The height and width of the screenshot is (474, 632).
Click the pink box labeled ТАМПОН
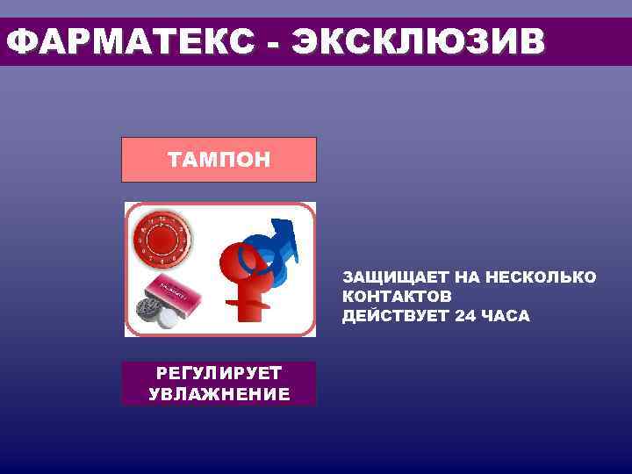click(x=219, y=160)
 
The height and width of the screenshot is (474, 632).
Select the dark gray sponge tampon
click(x=147, y=309)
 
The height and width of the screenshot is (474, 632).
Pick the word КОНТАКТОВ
click(x=397, y=297)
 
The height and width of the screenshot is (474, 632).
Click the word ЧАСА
click(x=506, y=316)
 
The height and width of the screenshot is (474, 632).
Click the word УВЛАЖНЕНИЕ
click(x=219, y=393)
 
